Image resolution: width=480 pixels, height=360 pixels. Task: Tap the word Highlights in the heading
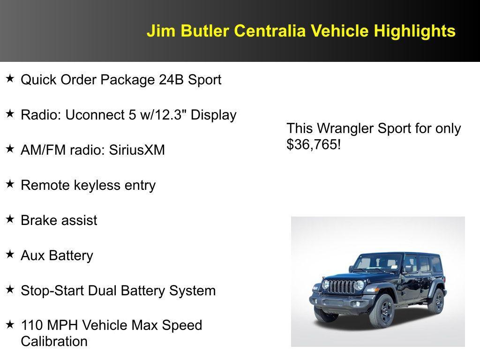coord(414,31)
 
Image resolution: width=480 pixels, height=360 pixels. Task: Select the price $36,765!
coord(314,145)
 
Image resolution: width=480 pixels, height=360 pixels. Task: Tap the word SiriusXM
coord(137,150)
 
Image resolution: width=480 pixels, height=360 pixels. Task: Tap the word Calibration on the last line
coord(54,341)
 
